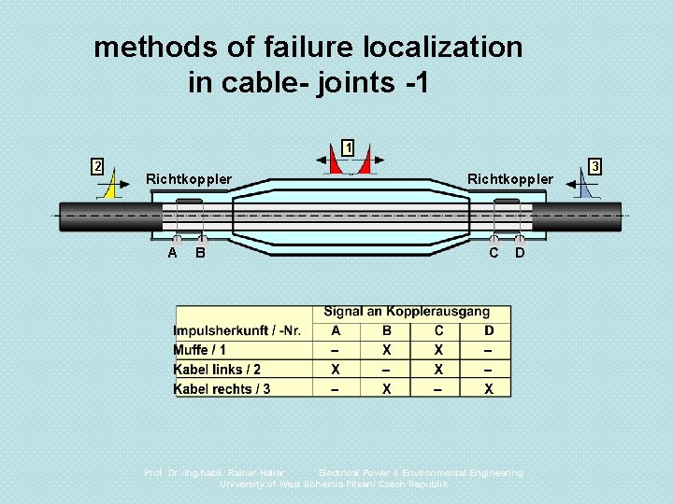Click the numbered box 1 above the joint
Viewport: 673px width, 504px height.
click(348, 147)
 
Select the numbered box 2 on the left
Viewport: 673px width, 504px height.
click(96, 166)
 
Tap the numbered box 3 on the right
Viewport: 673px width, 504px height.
click(597, 166)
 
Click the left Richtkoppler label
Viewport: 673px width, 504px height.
click(189, 178)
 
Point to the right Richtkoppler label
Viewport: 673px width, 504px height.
click(510, 178)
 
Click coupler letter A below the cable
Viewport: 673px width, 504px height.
click(173, 253)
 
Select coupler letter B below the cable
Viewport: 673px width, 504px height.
click(201, 253)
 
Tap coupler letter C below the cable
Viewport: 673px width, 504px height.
click(494, 253)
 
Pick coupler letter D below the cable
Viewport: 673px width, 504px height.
click(521, 253)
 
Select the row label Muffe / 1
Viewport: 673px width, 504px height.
click(200, 350)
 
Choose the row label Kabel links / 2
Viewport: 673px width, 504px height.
click(217, 370)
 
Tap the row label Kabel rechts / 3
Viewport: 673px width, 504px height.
click(222, 389)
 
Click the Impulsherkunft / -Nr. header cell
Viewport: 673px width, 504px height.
click(237, 330)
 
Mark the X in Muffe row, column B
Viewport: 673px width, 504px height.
click(387, 350)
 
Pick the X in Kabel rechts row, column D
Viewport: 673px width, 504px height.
click(489, 389)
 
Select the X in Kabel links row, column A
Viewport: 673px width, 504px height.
click(336, 370)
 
